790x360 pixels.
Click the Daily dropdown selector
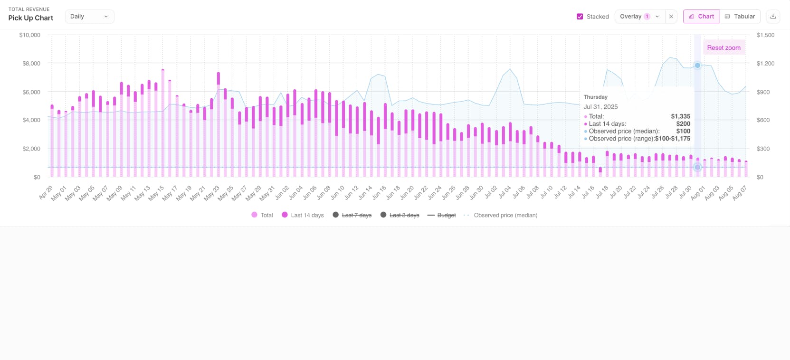[89, 17]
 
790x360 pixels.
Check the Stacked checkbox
[580, 17]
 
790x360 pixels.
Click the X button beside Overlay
[671, 17]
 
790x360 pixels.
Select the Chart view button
[701, 17]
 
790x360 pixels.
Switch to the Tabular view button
[740, 17]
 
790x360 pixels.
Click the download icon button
[773, 17]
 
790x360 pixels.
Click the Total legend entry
[262, 215]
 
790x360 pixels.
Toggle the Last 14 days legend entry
[303, 215]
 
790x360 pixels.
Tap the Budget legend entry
[441, 215]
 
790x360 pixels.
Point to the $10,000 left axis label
[29, 35]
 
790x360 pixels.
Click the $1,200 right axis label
[765, 63]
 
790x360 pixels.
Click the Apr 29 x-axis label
[46, 192]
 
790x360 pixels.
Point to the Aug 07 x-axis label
[740, 192]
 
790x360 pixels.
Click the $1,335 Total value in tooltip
[680, 116]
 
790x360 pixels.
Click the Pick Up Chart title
[31, 18]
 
